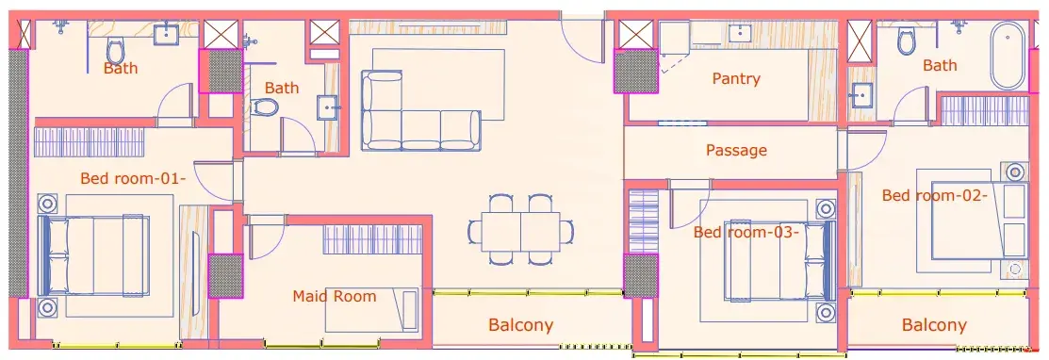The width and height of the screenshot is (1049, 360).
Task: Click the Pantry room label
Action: [x=736, y=79]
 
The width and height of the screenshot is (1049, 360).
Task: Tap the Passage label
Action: [x=736, y=151]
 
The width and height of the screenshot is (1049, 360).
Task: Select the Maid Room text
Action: [x=335, y=296]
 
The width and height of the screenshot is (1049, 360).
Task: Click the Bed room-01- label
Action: [x=133, y=179]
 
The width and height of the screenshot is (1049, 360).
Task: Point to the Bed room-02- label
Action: [x=935, y=195]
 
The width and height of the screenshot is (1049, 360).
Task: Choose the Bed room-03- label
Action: [x=746, y=233]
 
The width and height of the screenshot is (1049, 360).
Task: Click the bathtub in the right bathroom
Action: [x=1008, y=56]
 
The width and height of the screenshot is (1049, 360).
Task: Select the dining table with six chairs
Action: [x=521, y=230]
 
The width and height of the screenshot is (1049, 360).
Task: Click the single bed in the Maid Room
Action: [x=372, y=310]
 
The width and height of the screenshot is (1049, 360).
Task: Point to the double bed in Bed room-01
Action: [x=93, y=255]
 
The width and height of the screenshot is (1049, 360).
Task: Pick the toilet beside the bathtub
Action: [x=907, y=41]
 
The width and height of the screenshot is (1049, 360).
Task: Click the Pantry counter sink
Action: [x=740, y=32]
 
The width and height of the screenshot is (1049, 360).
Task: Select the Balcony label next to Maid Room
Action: [x=521, y=326]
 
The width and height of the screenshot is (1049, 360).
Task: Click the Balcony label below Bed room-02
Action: [x=934, y=326]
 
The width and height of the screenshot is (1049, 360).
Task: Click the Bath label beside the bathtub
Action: [x=940, y=66]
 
